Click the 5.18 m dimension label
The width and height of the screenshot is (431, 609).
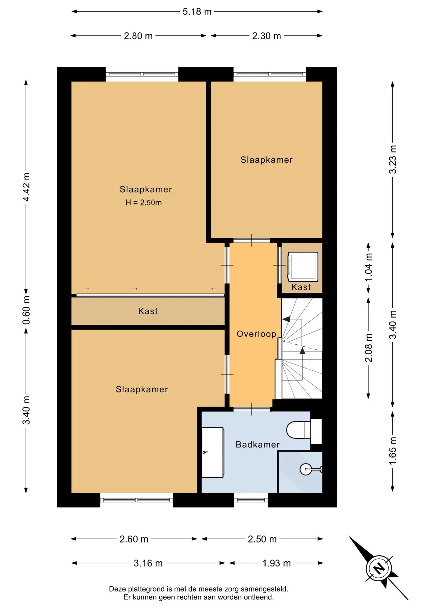[x=197, y=12]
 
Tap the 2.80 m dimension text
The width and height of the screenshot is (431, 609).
[x=138, y=36]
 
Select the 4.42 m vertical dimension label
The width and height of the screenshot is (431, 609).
[x=26, y=187]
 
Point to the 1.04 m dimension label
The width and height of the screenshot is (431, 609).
[x=368, y=267]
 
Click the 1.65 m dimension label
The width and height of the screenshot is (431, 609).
[x=393, y=451]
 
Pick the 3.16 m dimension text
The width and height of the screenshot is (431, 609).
[x=148, y=563]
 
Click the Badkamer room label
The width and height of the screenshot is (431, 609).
[x=258, y=444]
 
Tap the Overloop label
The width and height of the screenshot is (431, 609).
[x=256, y=334]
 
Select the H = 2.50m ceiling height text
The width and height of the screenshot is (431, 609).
[x=143, y=203]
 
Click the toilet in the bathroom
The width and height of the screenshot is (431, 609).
[x=304, y=431]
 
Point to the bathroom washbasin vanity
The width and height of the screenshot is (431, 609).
[x=213, y=452]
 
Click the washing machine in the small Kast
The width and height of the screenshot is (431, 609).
[x=303, y=267]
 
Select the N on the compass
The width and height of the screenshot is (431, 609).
[x=378, y=568]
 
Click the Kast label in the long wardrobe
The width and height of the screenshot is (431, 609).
[x=148, y=311]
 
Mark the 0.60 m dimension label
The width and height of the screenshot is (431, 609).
[x=26, y=310]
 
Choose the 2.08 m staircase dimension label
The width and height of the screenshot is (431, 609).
[x=368, y=348]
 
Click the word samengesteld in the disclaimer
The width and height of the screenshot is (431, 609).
[x=264, y=589]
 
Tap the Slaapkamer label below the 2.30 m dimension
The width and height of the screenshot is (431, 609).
[x=267, y=160]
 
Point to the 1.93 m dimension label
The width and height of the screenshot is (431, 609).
[x=276, y=563]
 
